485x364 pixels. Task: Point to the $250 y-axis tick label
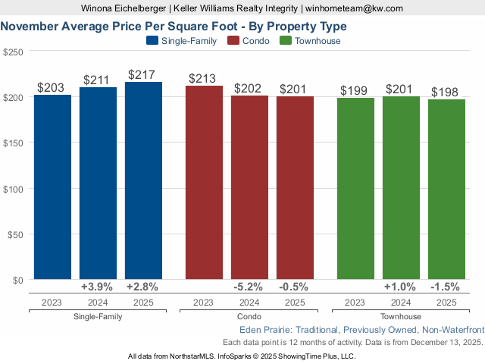[x=13, y=52]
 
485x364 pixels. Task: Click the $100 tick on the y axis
[x=13, y=188]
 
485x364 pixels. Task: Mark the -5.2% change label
[x=249, y=287]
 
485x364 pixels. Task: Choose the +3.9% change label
[x=97, y=287]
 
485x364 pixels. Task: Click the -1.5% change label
[x=446, y=287]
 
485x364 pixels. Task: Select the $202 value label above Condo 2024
[x=249, y=89]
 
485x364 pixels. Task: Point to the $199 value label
[x=355, y=91]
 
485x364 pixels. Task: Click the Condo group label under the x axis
[x=249, y=316]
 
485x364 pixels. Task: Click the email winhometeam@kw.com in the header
[x=354, y=8]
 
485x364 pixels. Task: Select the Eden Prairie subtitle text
[x=361, y=330]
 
